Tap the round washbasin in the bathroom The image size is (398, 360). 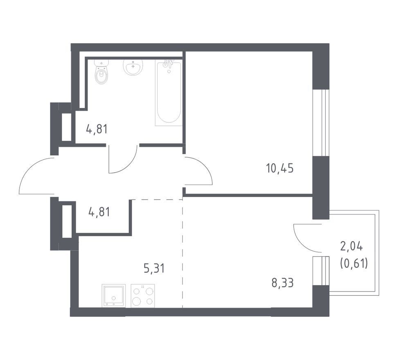tap(133, 67)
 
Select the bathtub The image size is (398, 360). tap(169, 93)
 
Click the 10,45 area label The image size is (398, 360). tap(280, 168)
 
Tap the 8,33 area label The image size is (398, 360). tap(283, 283)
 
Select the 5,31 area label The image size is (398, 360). tap(154, 268)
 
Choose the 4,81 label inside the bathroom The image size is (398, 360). tap(97, 129)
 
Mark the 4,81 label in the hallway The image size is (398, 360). tap(99, 212)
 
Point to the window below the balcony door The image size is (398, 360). tap(321, 271)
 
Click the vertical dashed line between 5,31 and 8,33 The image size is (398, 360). tap(182, 253)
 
